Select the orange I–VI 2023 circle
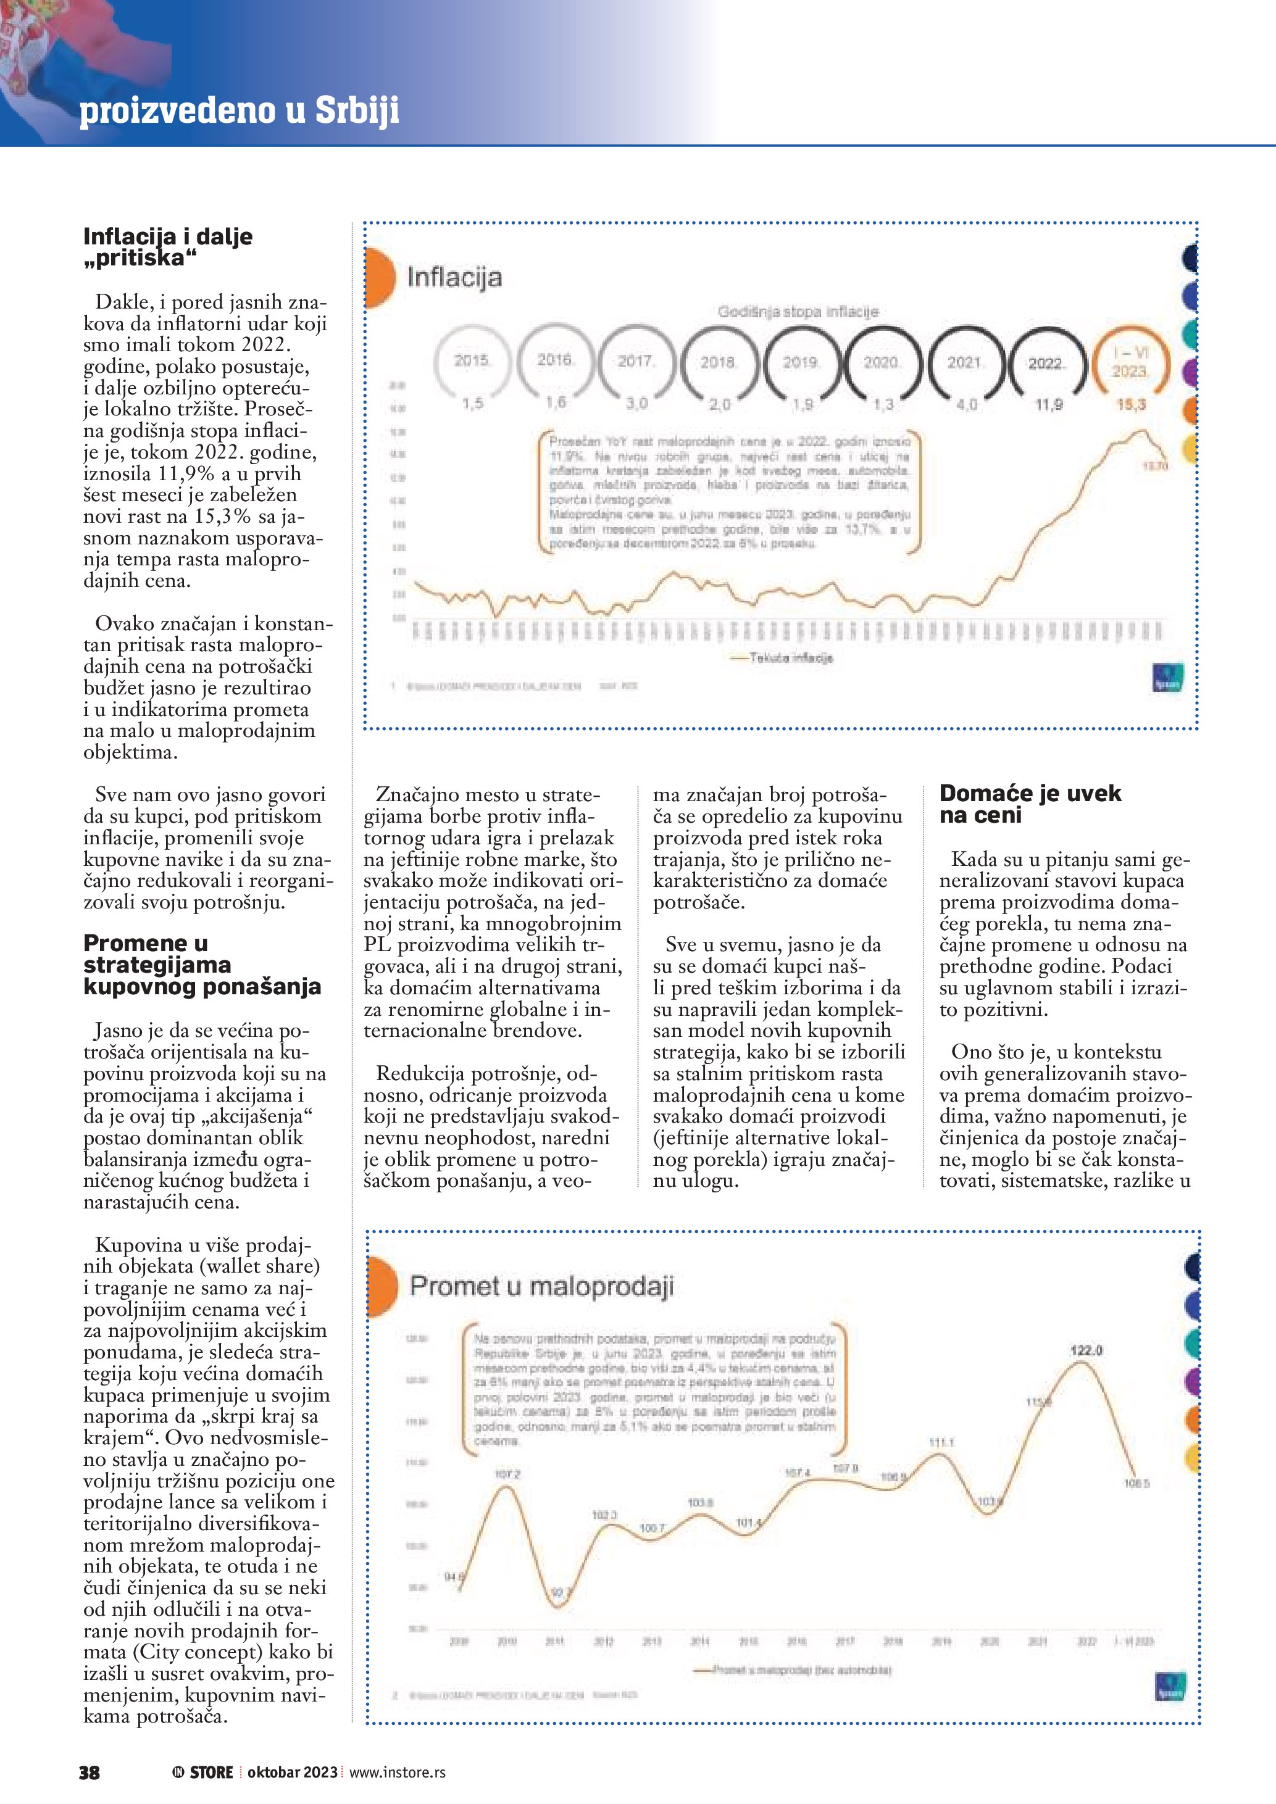[x=1130, y=362]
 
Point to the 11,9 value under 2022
[x=1048, y=405]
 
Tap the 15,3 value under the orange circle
[x=1132, y=405]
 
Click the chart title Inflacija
[x=454, y=277]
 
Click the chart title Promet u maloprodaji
[x=541, y=1286]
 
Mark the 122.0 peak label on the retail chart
[x=1086, y=1350]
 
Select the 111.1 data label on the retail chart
[x=941, y=1442]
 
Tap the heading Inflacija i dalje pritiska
[x=167, y=247]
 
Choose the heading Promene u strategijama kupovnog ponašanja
[x=202, y=964]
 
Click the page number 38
[x=90, y=1773]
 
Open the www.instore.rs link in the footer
[x=397, y=1773]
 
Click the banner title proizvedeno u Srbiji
[x=239, y=110]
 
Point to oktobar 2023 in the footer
[x=292, y=1773]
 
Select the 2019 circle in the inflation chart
[x=801, y=362]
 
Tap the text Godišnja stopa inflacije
[x=798, y=312]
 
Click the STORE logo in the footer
[x=204, y=1773]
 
